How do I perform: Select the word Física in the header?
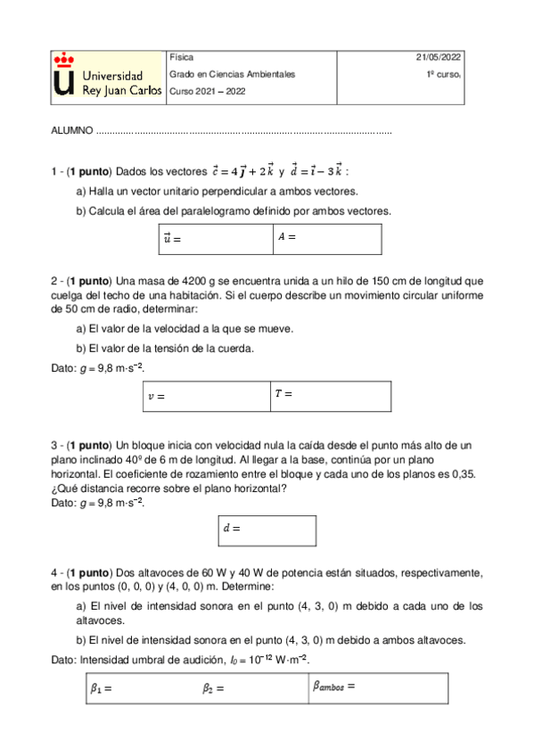181,57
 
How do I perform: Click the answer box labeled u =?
214,239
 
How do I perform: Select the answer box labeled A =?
327,239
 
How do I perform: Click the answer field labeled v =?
205,397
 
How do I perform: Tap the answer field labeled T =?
329,397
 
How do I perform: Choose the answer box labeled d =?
267,530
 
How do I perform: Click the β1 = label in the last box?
101,688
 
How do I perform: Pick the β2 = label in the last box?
213,688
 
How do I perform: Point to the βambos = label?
334,686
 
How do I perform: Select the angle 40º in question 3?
107,459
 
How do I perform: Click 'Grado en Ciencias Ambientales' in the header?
232,74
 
